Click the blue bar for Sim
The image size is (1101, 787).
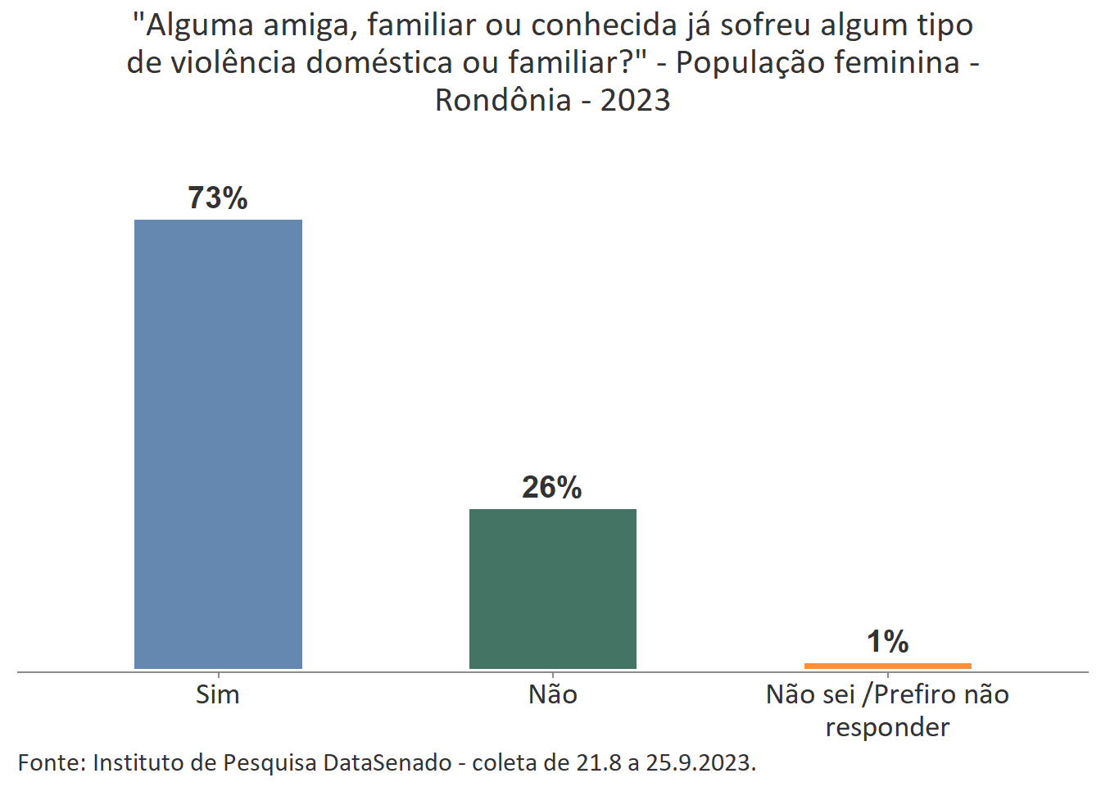(218, 444)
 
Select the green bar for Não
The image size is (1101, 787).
(552, 588)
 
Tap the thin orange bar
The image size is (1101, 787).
(887, 666)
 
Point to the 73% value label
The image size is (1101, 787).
(218, 198)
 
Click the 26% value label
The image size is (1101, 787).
(552, 487)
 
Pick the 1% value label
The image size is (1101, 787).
(887, 641)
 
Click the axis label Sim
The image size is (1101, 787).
(218, 694)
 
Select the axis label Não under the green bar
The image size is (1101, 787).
(553, 694)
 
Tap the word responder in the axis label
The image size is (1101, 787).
(887, 727)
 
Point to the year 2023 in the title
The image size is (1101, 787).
(635, 100)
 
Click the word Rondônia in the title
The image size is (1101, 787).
(503, 100)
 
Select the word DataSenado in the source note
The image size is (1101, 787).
(387, 762)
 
